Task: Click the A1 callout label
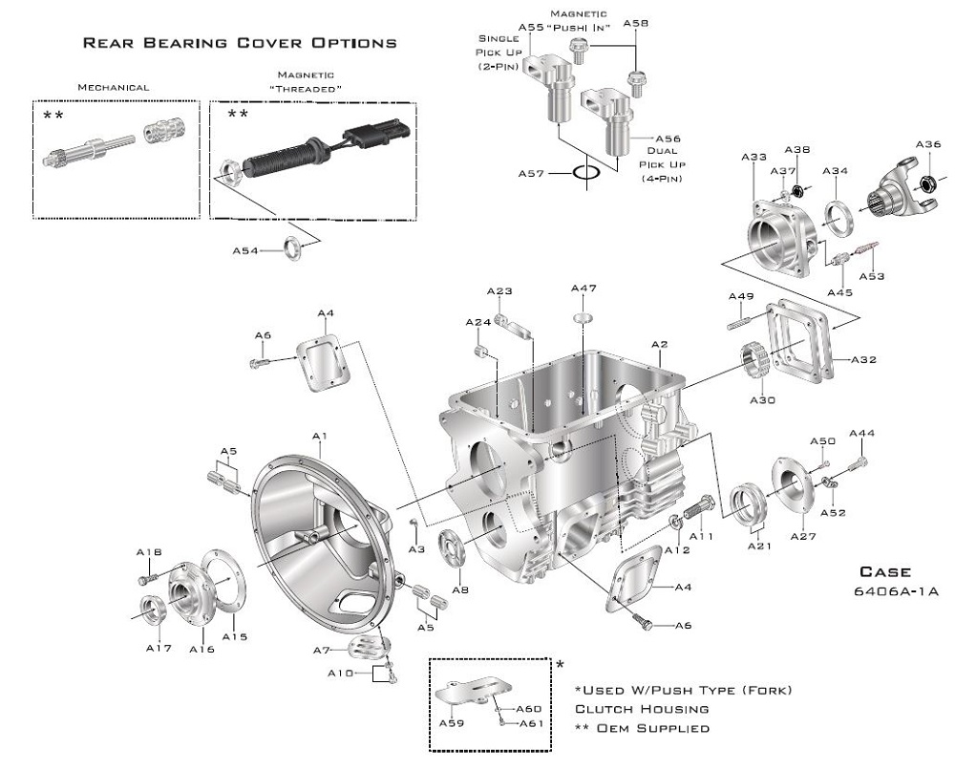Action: click(320, 436)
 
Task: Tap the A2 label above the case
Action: click(660, 344)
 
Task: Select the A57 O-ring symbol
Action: click(586, 173)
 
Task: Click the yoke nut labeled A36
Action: click(927, 181)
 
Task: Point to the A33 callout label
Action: click(753, 158)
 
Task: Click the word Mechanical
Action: click(114, 87)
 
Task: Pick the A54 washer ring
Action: click(293, 248)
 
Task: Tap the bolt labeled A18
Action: click(149, 577)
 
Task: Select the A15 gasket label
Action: click(235, 636)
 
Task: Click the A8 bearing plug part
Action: click(452, 548)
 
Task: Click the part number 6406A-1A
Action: click(897, 591)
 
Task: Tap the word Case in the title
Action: click(885, 571)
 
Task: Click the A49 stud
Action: click(742, 321)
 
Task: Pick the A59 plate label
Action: click(452, 723)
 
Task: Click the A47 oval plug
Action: click(584, 317)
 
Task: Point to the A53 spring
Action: click(867, 250)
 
